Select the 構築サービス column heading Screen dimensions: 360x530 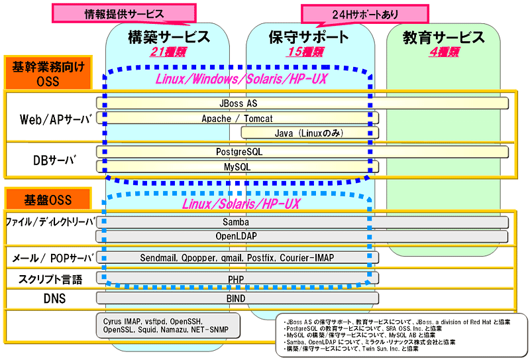point(168,37)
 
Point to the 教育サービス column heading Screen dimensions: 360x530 point(444,38)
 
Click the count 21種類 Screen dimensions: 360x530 point(168,52)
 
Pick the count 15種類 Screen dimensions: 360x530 point(305,52)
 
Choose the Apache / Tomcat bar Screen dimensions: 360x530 point(237,119)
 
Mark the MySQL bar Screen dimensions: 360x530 point(237,167)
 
